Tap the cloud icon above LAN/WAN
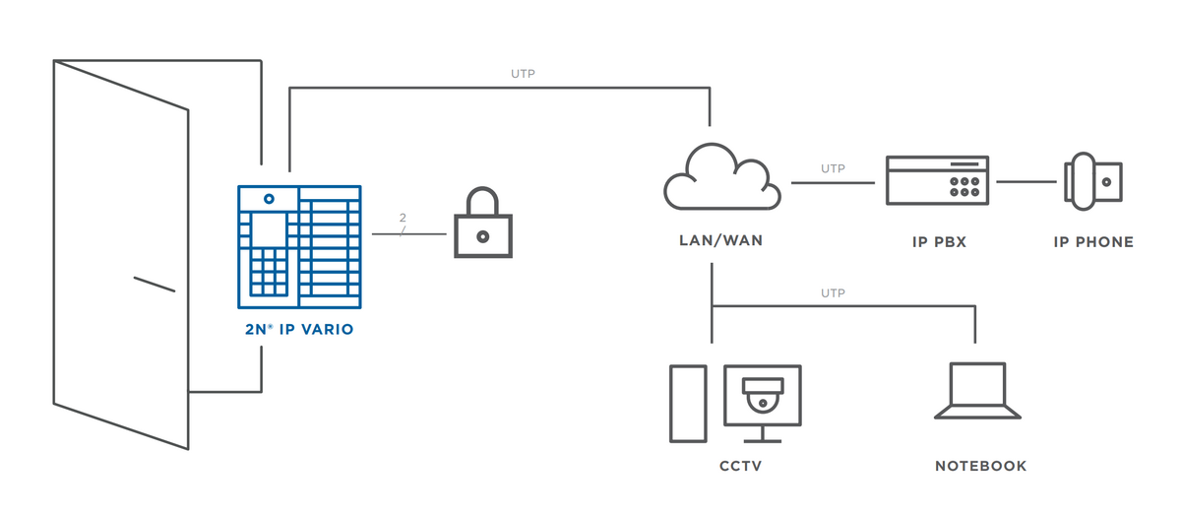click(x=721, y=178)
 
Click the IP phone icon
click(x=1092, y=182)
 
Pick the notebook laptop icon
click(x=977, y=392)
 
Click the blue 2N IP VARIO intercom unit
click(x=299, y=246)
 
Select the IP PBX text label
click(x=939, y=241)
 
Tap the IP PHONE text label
click(x=1093, y=241)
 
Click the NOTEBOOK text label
click(x=980, y=466)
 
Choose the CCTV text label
click(x=741, y=466)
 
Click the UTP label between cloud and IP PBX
click(x=833, y=169)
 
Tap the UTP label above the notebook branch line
click(x=833, y=293)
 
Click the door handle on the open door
click(x=154, y=285)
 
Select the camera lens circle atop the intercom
click(x=269, y=199)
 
